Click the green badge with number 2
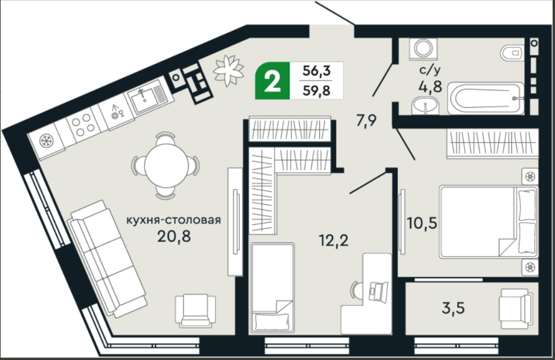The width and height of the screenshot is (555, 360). coord(272,81)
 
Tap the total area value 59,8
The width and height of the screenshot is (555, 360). coord(316,91)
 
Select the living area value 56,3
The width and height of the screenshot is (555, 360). coord(316,71)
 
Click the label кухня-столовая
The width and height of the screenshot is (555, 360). coord(173,220)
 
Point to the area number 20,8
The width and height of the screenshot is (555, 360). coord(174,236)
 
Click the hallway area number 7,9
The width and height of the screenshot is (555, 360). coord(366,121)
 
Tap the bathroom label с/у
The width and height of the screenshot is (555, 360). coord(430,70)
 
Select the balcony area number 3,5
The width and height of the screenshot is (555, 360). coord(453,308)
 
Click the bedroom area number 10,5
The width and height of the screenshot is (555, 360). coord(422,223)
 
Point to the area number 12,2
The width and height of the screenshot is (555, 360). coord(333,241)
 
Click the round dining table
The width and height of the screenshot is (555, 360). coord(166,165)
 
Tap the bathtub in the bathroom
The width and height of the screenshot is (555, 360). coord(486,99)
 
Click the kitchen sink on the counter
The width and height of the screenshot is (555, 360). coord(146,95)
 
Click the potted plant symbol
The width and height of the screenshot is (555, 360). coord(228,70)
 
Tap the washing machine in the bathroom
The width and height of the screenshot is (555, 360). coord(423,49)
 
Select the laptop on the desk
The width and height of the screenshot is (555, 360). coord(378,291)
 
